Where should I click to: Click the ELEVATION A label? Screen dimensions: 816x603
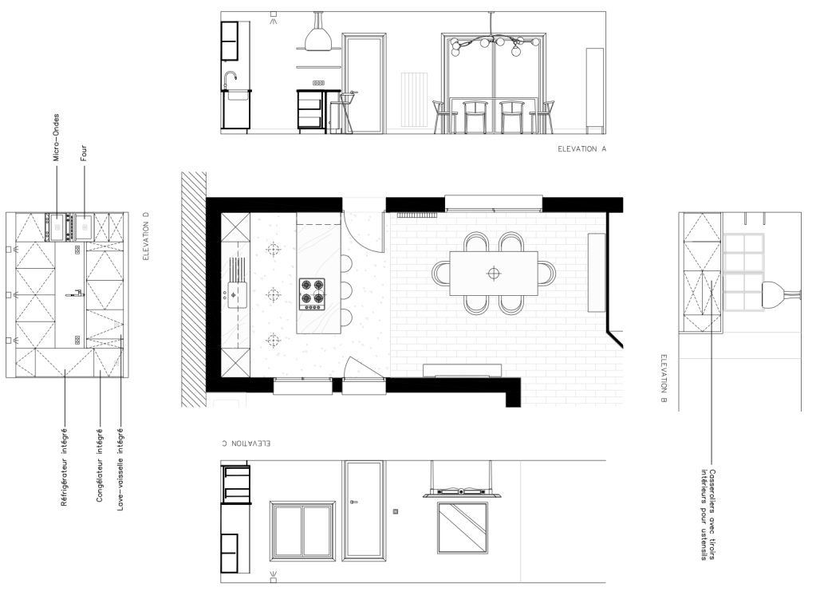[x=581, y=149]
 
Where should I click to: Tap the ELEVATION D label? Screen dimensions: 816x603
[x=146, y=235]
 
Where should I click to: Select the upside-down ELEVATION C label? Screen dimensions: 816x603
[x=246, y=443]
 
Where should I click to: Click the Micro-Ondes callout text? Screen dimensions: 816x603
[x=56, y=137]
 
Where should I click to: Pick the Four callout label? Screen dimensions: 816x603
[x=83, y=153]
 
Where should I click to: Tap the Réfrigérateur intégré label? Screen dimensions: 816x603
[x=64, y=467]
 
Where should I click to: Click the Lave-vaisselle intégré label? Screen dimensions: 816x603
[x=120, y=469]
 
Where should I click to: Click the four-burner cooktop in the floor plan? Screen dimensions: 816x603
[x=312, y=294]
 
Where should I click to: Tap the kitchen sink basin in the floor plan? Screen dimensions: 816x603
[x=236, y=294]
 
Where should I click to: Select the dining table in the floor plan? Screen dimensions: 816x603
[x=493, y=273]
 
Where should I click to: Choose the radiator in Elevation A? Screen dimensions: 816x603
[x=414, y=100]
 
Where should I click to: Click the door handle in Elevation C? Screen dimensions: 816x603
[x=354, y=502]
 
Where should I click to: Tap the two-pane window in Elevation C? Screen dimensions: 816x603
[x=302, y=530]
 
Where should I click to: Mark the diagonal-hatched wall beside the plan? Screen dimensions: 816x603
[x=194, y=289]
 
